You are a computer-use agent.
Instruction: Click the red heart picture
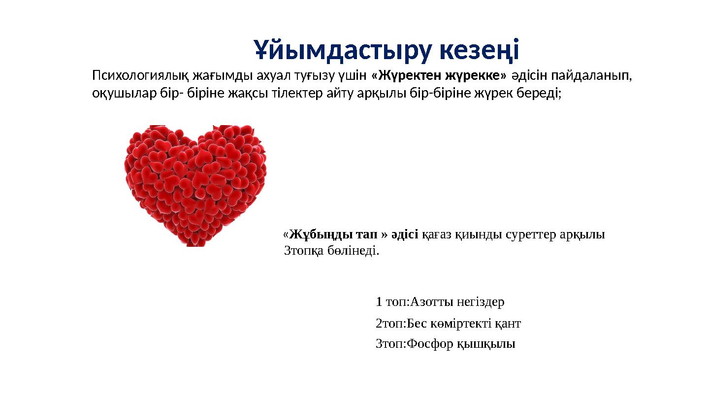point(195,185)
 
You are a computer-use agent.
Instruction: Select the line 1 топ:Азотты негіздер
point(440,301)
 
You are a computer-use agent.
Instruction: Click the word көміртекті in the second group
point(453,324)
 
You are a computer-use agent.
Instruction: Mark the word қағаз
point(436,234)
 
